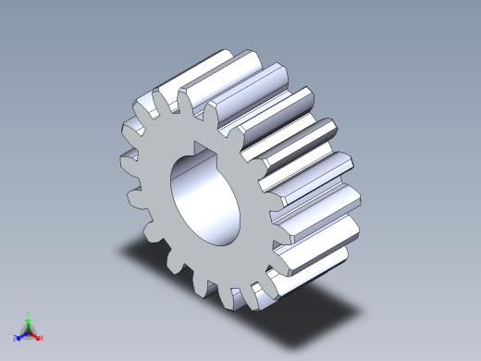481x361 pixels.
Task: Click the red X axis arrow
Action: pos(36,335)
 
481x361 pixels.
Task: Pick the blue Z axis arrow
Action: pos(21,335)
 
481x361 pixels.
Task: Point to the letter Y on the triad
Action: pos(29,313)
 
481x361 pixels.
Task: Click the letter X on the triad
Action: pos(42,338)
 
